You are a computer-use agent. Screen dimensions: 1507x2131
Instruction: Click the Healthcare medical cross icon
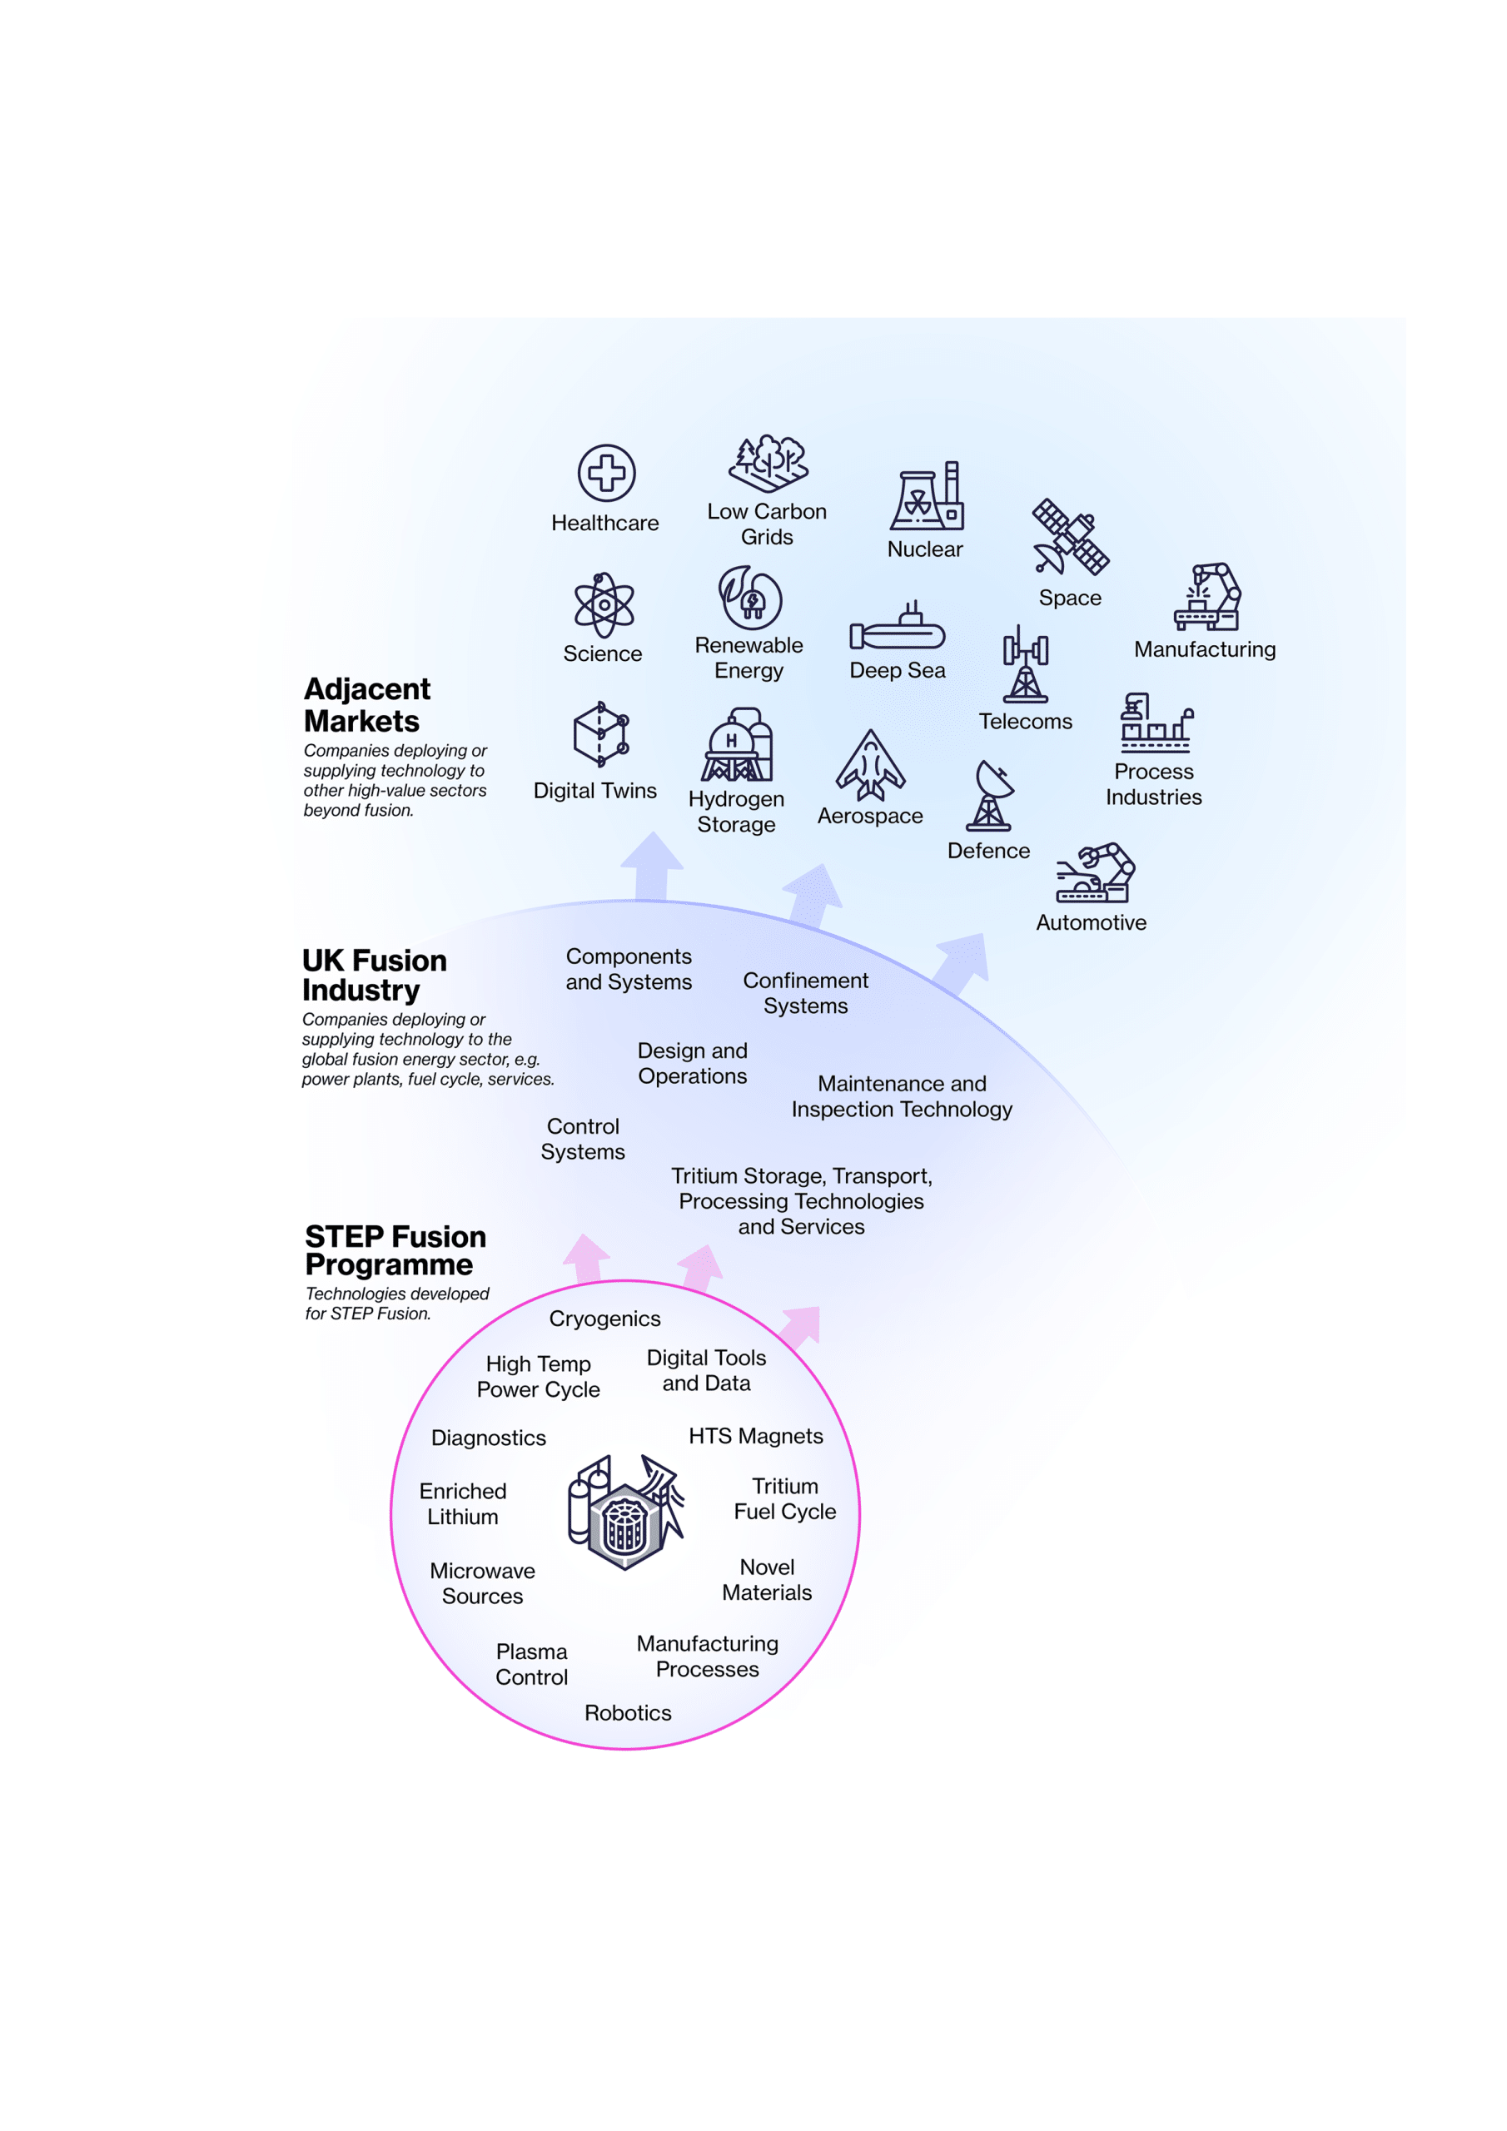point(606,473)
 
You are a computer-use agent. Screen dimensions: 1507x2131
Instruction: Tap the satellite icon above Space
point(1071,536)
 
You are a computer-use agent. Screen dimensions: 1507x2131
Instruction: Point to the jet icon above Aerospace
point(870,766)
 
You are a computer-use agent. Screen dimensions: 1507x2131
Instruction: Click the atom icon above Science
point(604,605)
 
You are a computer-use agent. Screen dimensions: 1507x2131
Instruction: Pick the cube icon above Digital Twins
point(601,734)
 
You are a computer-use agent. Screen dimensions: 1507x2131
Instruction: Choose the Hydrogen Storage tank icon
point(737,745)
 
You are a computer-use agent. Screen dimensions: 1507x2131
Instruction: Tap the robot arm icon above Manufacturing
point(1207,597)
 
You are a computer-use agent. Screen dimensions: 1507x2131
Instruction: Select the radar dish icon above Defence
point(991,796)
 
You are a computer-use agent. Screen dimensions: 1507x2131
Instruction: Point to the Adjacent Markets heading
point(367,705)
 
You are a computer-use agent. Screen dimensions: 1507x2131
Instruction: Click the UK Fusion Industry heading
point(374,976)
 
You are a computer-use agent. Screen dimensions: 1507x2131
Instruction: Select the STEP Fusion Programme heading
point(395,1250)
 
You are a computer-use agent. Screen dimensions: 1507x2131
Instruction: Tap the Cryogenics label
point(605,1319)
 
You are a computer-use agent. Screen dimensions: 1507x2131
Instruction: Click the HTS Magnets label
point(756,1436)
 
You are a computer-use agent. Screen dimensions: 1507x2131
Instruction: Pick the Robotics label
point(628,1712)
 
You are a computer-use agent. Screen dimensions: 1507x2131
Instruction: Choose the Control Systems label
point(583,1139)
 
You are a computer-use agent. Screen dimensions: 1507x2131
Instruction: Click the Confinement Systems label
point(806,993)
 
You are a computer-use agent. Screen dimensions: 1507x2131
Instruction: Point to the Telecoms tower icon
point(1026,663)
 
